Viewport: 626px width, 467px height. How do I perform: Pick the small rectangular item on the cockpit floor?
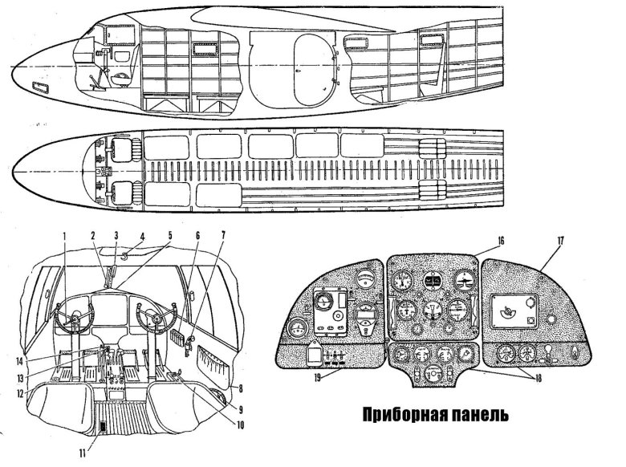coord(101,428)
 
